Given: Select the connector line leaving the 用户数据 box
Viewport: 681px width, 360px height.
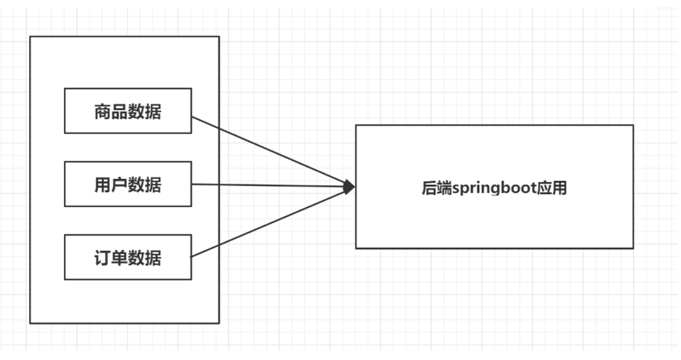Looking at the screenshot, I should pyautogui.click(x=266, y=185).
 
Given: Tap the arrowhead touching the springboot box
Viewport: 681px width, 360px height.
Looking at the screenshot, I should pyautogui.click(x=350, y=187).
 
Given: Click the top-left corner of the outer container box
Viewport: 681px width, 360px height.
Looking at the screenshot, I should pyautogui.click(x=30, y=37).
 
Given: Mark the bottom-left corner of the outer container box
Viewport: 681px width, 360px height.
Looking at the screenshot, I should pyautogui.click(x=30, y=323).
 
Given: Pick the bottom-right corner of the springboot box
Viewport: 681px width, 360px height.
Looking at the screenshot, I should pyautogui.click(x=633, y=248).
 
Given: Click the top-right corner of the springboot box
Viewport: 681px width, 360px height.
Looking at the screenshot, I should pyautogui.click(x=633, y=125).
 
